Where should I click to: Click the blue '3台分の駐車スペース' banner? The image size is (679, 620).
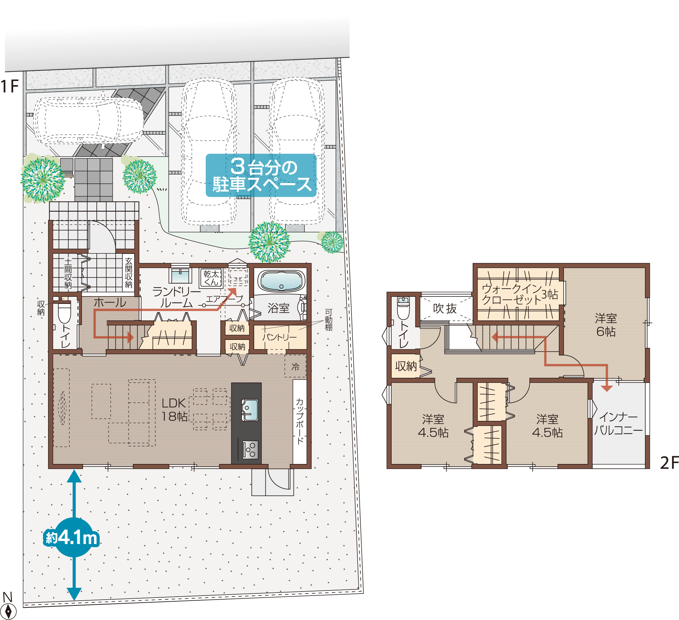261,175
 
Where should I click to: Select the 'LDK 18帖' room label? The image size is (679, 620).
174,410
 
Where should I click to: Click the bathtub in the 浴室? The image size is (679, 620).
281,281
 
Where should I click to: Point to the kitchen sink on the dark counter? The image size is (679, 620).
250,410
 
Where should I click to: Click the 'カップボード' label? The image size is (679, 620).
300,421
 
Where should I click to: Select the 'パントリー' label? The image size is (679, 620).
280,337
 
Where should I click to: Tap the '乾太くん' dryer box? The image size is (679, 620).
211,278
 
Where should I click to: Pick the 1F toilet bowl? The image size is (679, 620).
64,313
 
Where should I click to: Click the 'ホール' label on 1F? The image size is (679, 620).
110,303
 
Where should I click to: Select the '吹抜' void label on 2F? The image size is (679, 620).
445,308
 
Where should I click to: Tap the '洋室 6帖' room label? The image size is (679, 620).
606,325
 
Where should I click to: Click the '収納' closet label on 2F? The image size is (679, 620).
406,366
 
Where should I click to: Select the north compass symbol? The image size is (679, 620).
8,607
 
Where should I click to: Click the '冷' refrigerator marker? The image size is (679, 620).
295,367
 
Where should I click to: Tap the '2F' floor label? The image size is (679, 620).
669,463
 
